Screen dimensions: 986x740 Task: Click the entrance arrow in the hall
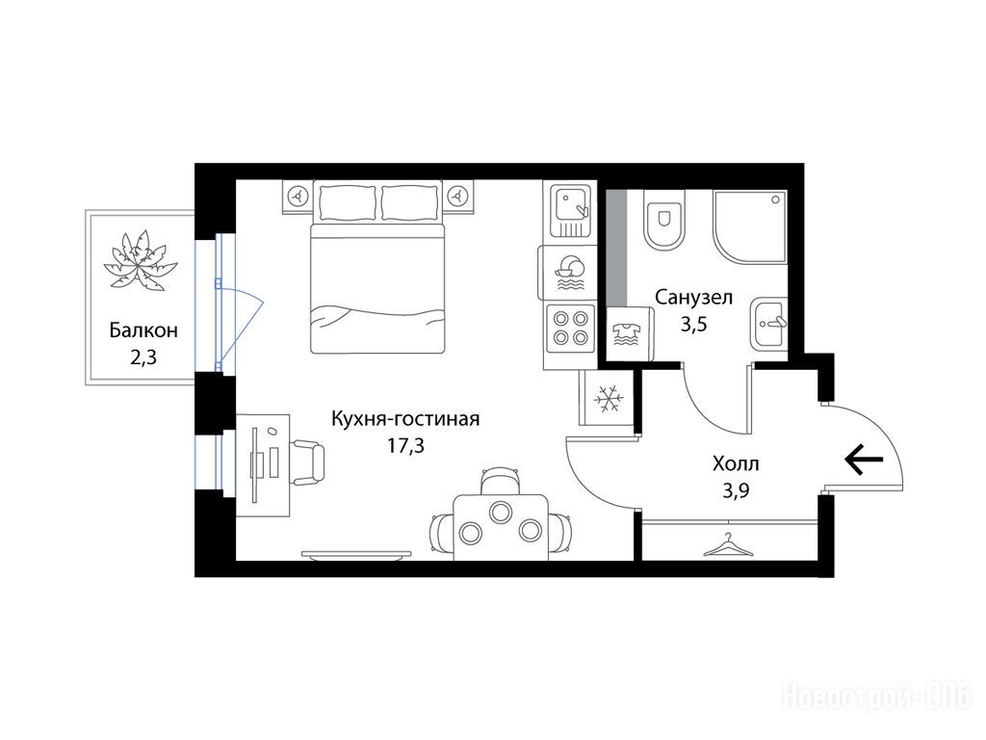pyautogui.click(x=864, y=459)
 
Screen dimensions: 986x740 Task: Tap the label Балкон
pyautogui.click(x=143, y=330)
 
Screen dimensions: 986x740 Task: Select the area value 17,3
pyautogui.click(x=405, y=446)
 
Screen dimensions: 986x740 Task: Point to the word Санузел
pyautogui.click(x=693, y=297)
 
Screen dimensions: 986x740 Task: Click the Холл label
pyautogui.click(x=736, y=464)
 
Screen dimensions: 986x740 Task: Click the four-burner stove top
pyautogui.click(x=570, y=329)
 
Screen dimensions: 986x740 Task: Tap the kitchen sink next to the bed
pyautogui.click(x=571, y=210)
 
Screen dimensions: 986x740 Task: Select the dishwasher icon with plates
pyautogui.click(x=567, y=273)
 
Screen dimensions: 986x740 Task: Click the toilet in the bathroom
pyautogui.click(x=664, y=221)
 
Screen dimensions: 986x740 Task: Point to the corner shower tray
pyautogui.click(x=749, y=227)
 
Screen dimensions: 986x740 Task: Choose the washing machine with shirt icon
pyautogui.click(x=629, y=334)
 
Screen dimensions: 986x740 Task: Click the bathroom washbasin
pyautogui.click(x=769, y=323)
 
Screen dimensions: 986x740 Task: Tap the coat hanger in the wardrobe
pyautogui.click(x=728, y=545)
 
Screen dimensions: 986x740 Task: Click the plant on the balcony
pyautogui.click(x=141, y=260)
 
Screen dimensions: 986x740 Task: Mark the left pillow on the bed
pyautogui.click(x=347, y=201)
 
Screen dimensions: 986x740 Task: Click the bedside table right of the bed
pyautogui.click(x=458, y=197)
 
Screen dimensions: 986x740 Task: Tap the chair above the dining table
pyautogui.click(x=501, y=482)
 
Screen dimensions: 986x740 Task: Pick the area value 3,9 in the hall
pyautogui.click(x=735, y=490)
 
